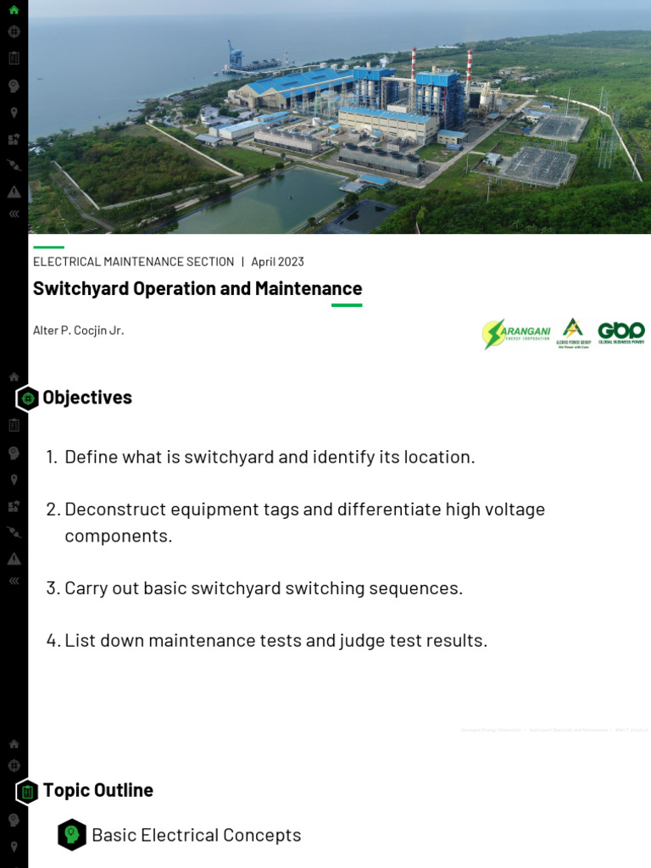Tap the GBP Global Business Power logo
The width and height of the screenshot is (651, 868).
tap(620, 332)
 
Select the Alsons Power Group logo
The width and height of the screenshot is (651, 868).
tap(573, 333)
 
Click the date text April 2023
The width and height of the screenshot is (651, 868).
tap(277, 262)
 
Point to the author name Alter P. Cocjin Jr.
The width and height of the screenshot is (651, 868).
tap(78, 331)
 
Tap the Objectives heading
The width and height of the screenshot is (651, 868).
tap(87, 398)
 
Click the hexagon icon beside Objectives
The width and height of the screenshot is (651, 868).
tap(28, 398)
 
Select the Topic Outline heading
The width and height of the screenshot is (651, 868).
tap(98, 790)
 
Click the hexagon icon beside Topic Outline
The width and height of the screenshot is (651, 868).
tap(28, 792)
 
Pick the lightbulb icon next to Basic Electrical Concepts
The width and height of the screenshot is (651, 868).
tap(72, 835)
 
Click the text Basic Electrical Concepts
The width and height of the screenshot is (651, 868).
tap(196, 835)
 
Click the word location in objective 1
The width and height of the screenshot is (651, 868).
tap(438, 457)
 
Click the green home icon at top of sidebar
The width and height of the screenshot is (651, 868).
tap(14, 10)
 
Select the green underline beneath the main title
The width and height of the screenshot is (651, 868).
tap(347, 304)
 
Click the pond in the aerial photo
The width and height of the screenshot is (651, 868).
tap(254, 199)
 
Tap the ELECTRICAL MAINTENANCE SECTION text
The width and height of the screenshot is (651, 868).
tap(133, 262)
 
